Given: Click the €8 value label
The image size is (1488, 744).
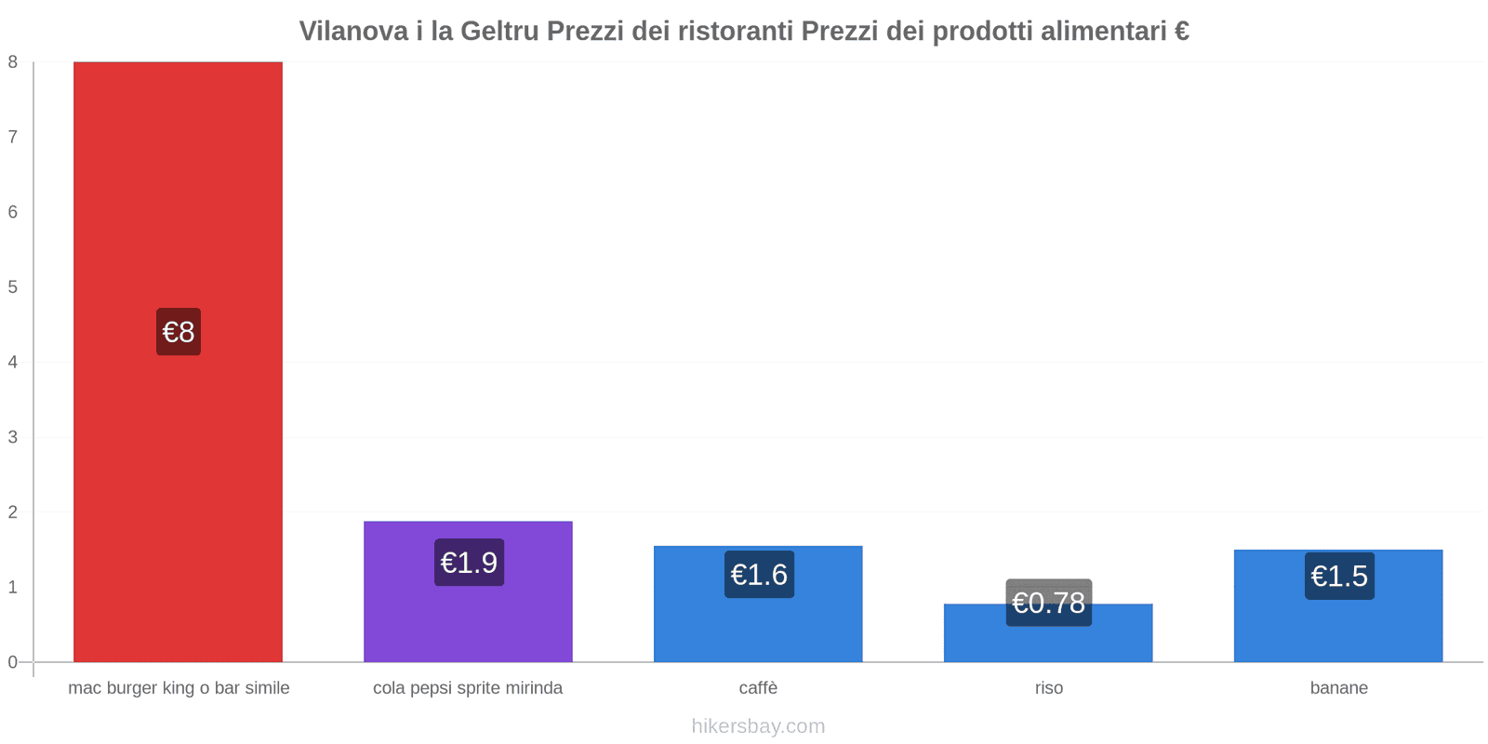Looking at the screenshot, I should coord(179,332).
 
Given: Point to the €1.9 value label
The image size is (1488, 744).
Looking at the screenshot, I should coord(469,563).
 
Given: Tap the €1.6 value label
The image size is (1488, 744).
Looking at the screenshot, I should coord(759,575).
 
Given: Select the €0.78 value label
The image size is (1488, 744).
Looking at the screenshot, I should coord(1049,603).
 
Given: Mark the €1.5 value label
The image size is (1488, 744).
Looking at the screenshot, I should coord(1339,577).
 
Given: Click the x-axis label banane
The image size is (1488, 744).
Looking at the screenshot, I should coord(1338,688).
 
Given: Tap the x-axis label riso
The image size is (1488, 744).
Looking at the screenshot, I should coord(1048,688).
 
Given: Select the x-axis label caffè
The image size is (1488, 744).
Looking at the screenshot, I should coord(758,688).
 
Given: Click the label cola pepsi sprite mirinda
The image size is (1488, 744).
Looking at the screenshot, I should coord(468,688).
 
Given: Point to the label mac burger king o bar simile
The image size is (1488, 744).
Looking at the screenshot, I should coord(179,688).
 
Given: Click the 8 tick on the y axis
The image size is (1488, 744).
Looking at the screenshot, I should coord(13,62).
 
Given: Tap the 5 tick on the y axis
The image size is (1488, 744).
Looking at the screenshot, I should coord(13,287).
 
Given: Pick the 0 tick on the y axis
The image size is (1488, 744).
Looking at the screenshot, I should coord(13,662).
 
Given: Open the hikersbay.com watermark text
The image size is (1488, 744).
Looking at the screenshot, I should coord(758,726).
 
